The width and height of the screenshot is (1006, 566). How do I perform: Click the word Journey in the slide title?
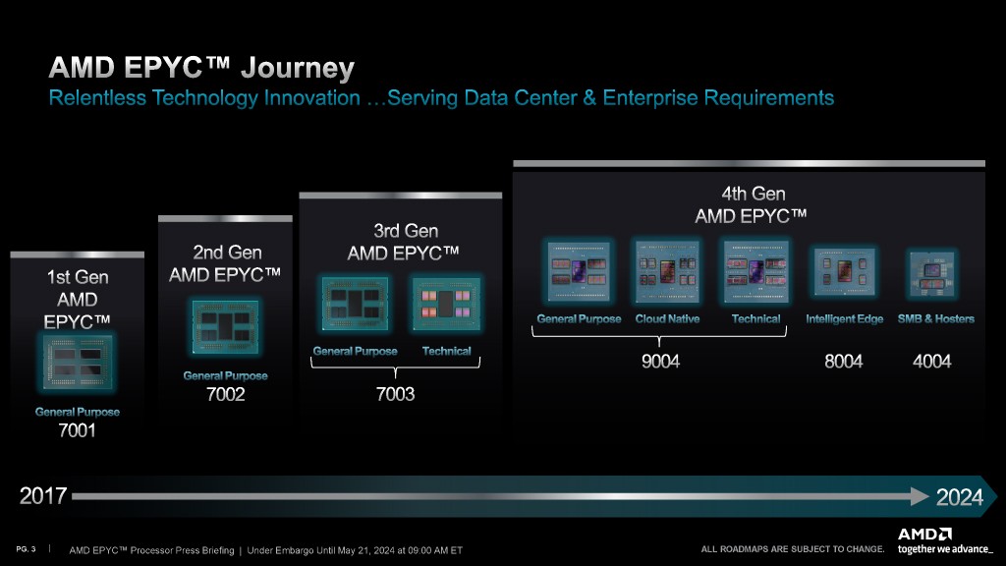(297, 69)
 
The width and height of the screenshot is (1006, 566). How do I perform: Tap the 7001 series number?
(77, 430)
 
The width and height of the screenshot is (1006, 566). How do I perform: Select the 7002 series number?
(225, 394)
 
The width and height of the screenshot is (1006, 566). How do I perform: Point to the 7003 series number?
(395, 393)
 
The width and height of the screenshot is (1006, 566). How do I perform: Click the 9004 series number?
(660, 362)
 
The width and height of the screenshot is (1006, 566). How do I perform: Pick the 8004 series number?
(843, 362)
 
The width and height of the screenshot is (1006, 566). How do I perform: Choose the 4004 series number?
(931, 362)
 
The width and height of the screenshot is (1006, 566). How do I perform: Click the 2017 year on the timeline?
(43, 495)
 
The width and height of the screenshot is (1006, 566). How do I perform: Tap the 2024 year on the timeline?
(959, 496)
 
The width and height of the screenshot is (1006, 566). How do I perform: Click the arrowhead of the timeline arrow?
(920, 496)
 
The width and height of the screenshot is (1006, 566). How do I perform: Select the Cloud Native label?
(667, 319)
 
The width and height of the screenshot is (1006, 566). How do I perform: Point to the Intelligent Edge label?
(844, 319)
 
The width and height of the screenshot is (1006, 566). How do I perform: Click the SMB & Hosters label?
(935, 319)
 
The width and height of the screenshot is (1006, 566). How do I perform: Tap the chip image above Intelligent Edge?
(844, 271)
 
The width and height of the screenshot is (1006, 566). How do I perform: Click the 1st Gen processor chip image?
(78, 363)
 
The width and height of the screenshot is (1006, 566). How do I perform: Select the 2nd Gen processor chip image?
(225, 327)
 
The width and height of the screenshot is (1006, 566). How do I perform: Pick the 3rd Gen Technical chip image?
(446, 304)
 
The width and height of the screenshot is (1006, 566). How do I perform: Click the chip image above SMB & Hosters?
(931, 274)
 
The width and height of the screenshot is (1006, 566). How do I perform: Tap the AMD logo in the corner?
(924, 534)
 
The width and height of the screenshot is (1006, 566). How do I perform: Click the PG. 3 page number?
(26, 549)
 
